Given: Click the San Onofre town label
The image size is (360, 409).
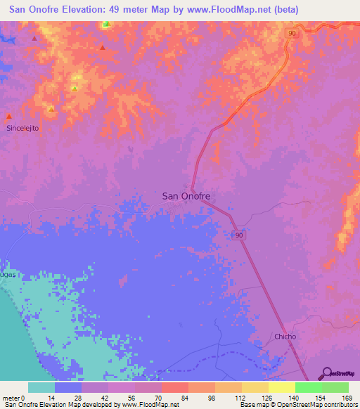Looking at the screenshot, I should (186, 197).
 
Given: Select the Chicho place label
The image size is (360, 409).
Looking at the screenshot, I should (285, 337).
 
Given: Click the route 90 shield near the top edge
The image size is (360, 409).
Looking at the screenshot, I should (290, 33).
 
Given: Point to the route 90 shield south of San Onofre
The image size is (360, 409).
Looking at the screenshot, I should (240, 235).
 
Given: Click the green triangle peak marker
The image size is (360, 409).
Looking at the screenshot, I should (106, 23).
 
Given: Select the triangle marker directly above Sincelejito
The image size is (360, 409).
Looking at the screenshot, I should (8, 117).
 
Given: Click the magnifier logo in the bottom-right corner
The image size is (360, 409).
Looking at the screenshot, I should (327, 372).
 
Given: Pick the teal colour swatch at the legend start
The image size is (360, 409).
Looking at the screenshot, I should (41, 387).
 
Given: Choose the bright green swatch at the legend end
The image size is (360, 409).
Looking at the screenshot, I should (335, 387).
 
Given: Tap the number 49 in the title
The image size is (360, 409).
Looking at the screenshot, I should (120, 10).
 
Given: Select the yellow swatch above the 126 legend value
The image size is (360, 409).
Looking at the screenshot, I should (255, 387).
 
